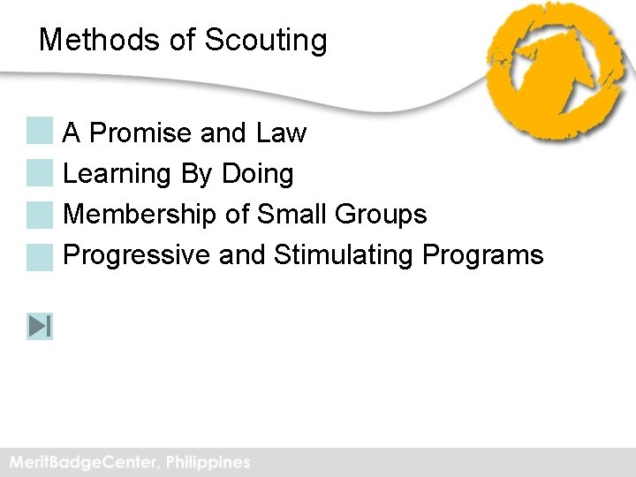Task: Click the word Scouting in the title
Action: pyautogui.click(x=266, y=41)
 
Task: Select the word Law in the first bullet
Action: pyautogui.click(x=281, y=133)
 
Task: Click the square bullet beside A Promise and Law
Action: pyautogui.click(x=40, y=132)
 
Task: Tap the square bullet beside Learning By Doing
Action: pyautogui.click(x=40, y=173)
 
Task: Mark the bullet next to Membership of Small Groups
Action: pyautogui.click(x=40, y=215)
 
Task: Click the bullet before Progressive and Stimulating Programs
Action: pyautogui.click(x=40, y=256)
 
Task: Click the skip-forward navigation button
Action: pyautogui.click(x=40, y=327)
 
